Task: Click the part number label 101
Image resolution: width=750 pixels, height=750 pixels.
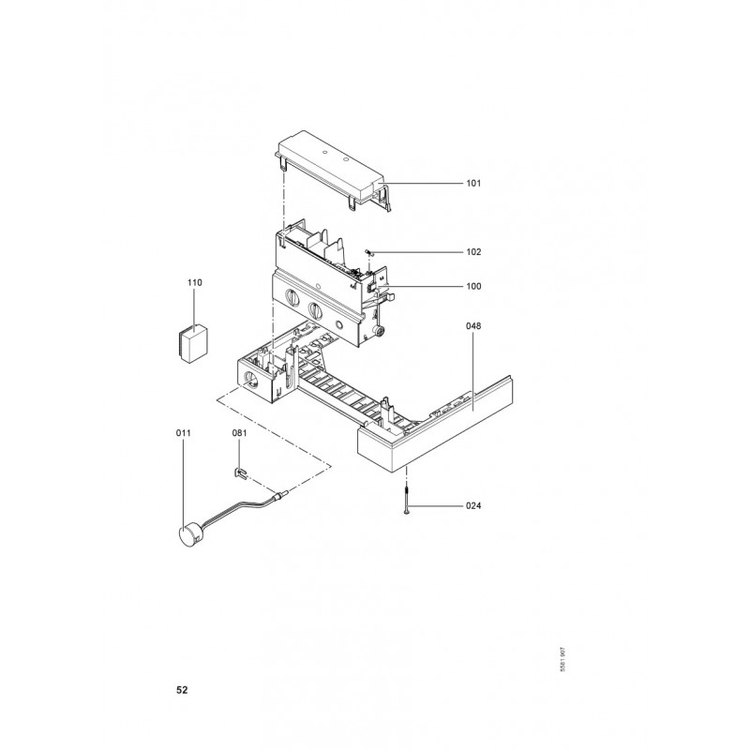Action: (x=473, y=183)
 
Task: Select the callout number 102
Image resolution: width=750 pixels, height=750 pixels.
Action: (x=473, y=252)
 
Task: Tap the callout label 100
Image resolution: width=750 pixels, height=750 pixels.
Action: (x=473, y=287)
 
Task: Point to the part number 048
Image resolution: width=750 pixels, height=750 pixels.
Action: (x=473, y=326)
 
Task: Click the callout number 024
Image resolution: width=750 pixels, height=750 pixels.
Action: (x=473, y=505)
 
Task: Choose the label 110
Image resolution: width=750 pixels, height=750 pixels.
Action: (x=195, y=283)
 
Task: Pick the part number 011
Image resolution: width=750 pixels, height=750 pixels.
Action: (x=183, y=433)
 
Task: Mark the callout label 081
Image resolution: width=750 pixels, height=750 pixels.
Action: (x=240, y=433)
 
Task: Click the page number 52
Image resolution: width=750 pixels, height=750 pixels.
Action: (x=182, y=690)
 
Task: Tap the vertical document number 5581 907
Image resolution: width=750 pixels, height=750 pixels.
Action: (x=563, y=660)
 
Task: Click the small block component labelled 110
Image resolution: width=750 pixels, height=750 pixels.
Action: (x=194, y=343)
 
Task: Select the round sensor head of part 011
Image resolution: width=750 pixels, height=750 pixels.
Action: (x=187, y=535)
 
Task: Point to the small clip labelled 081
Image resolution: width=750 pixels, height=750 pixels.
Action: (x=240, y=474)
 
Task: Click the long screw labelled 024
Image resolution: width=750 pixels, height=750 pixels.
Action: (x=407, y=500)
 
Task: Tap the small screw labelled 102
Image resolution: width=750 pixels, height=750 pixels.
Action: (x=368, y=251)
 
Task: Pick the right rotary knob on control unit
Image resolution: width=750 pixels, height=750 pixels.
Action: (x=316, y=311)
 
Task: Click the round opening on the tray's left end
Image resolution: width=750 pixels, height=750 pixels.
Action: (x=250, y=379)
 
